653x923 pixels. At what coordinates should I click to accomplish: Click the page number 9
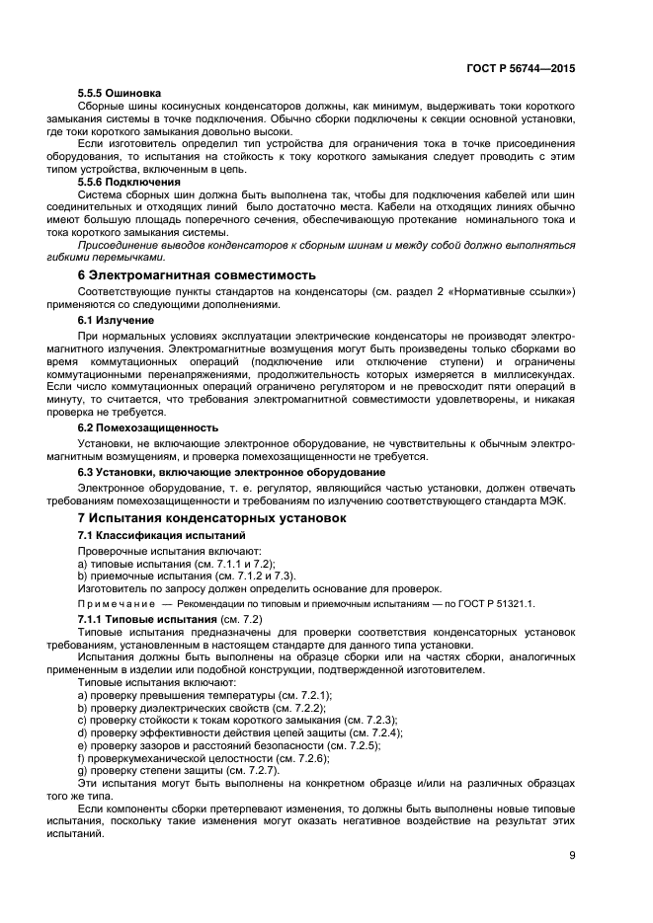pyautogui.click(x=572, y=856)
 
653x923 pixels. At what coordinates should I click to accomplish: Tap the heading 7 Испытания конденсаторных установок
pyautogui.click(x=211, y=517)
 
